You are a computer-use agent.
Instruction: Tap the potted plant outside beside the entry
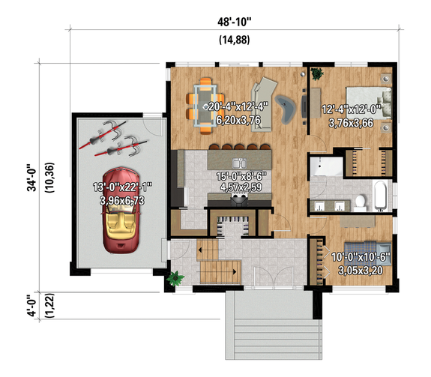(176, 278)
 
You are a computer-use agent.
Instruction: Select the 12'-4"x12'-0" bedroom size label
(352, 109)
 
